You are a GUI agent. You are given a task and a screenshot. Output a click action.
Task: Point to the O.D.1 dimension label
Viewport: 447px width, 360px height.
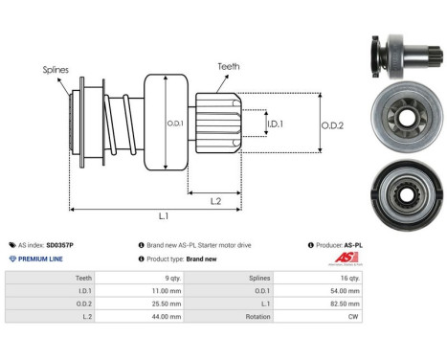point(174,123)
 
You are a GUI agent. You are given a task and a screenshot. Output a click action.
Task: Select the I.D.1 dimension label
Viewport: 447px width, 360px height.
point(275,124)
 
